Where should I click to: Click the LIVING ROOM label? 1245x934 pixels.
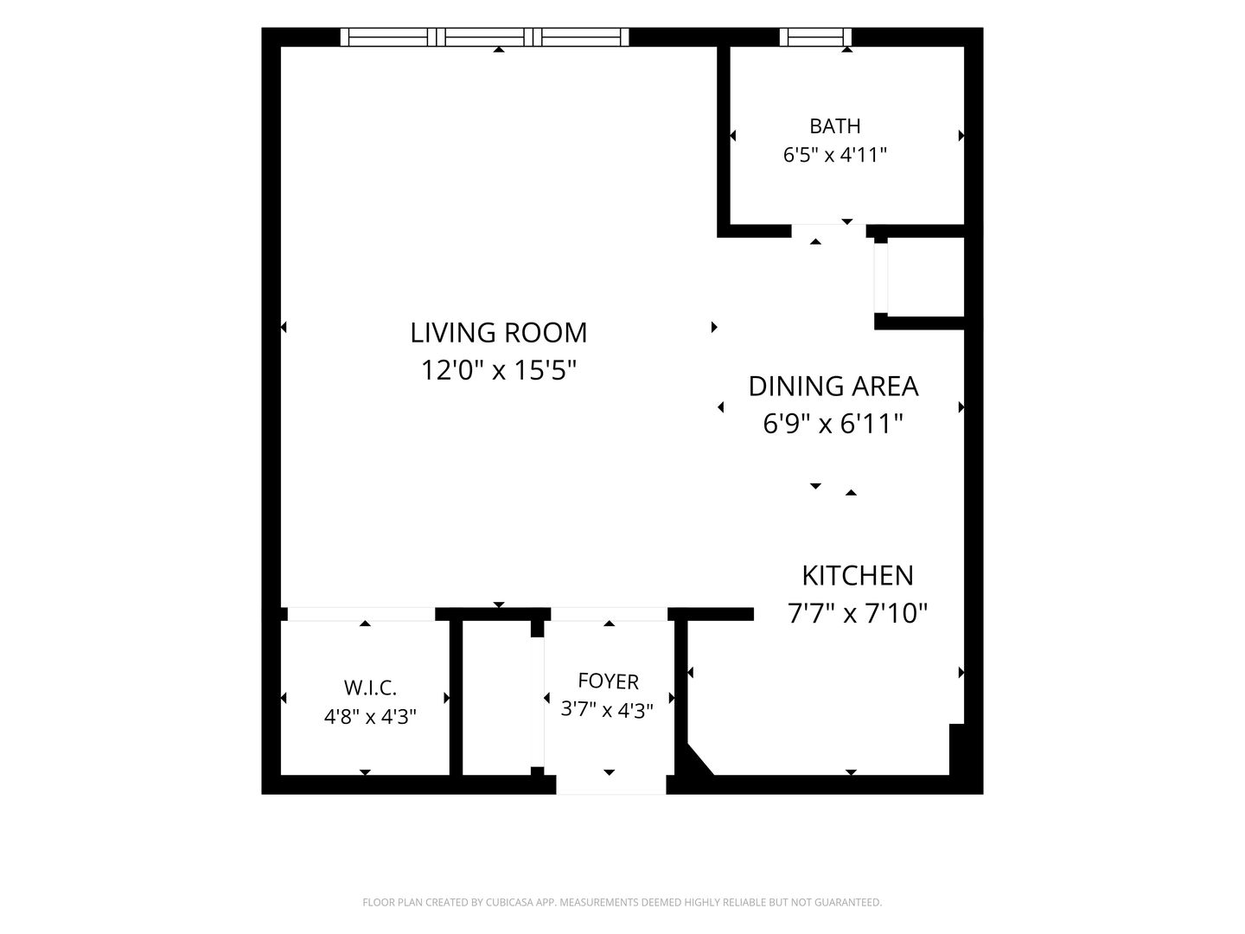click(x=499, y=333)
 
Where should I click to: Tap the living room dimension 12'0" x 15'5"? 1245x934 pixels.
click(x=499, y=371)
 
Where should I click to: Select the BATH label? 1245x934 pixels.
click(x=835, y=126)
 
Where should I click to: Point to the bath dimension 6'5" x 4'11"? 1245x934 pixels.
click(x=835, y=155)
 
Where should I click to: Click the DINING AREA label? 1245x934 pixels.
click(x=833, y=387)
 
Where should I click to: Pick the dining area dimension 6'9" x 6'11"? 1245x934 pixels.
click(x=833, y=424)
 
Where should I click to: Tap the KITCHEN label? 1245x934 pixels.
click(x=858, y=576)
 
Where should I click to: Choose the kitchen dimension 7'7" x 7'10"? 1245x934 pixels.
click(x=858, y=614)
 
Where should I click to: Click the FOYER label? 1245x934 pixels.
click(x=608, y=681)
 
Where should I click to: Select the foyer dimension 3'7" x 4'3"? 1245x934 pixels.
click(x=607, y=709)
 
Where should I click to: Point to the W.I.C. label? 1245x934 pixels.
click(x=370, y=688)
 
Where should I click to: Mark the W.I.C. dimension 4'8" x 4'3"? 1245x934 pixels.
click(x=370, y=717)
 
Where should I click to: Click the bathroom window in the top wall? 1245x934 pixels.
click(x=815, y=37)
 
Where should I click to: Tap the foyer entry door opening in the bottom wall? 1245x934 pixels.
click(x=611, y=784)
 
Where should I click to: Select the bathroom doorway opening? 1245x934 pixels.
click(x=828, y=231)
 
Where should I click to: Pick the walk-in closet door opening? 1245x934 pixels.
click(x=361, y=614)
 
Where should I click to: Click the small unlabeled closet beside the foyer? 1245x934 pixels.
click(x=497, y=698)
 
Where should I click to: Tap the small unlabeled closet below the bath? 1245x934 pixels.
click(x=926, y=277)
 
